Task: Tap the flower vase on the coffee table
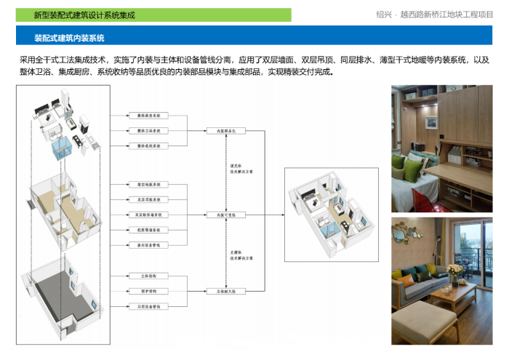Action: point(455,273)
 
